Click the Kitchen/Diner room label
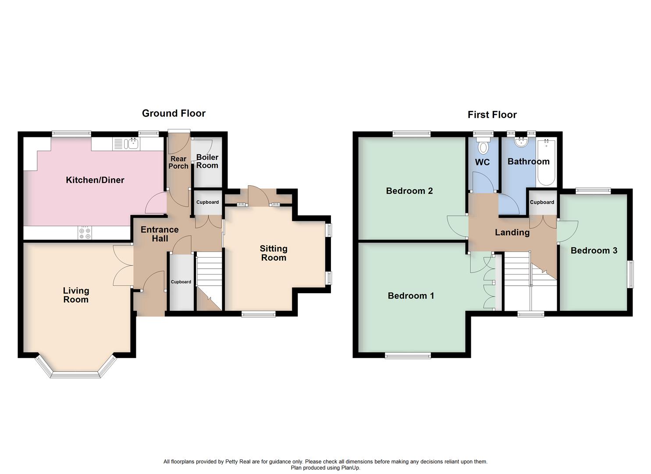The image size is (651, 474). click(95, 180)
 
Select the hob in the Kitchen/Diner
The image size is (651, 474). click(85, 233)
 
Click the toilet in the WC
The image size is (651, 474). click(484, 146)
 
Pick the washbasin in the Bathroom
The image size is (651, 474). click(522, 142)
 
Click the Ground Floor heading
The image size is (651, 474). click(174, 113)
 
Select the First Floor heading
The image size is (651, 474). click(492, 115)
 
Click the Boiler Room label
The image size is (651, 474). click(207, 161)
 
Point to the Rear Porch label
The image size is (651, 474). click(178, 162)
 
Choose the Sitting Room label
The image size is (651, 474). click(274, 253)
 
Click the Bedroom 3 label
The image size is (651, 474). click(594, 251)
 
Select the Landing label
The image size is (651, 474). click(512, 232)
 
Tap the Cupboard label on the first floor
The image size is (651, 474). click(542, 202)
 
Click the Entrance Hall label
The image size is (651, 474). click(160, 234)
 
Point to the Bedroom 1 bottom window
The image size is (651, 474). click(408, 355)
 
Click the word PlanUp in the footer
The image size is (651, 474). click(350, 468)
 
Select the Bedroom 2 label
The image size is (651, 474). click(409, 191)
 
